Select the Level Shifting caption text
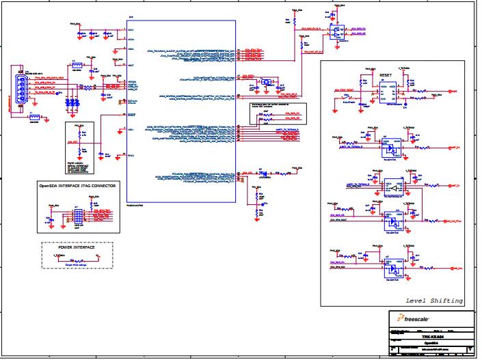tap(434, 301)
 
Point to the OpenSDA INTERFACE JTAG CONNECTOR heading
tap(77, 185)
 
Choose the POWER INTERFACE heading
tap(77, 247)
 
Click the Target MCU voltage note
tap(77, 262)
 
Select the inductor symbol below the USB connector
tap(34, 117)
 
